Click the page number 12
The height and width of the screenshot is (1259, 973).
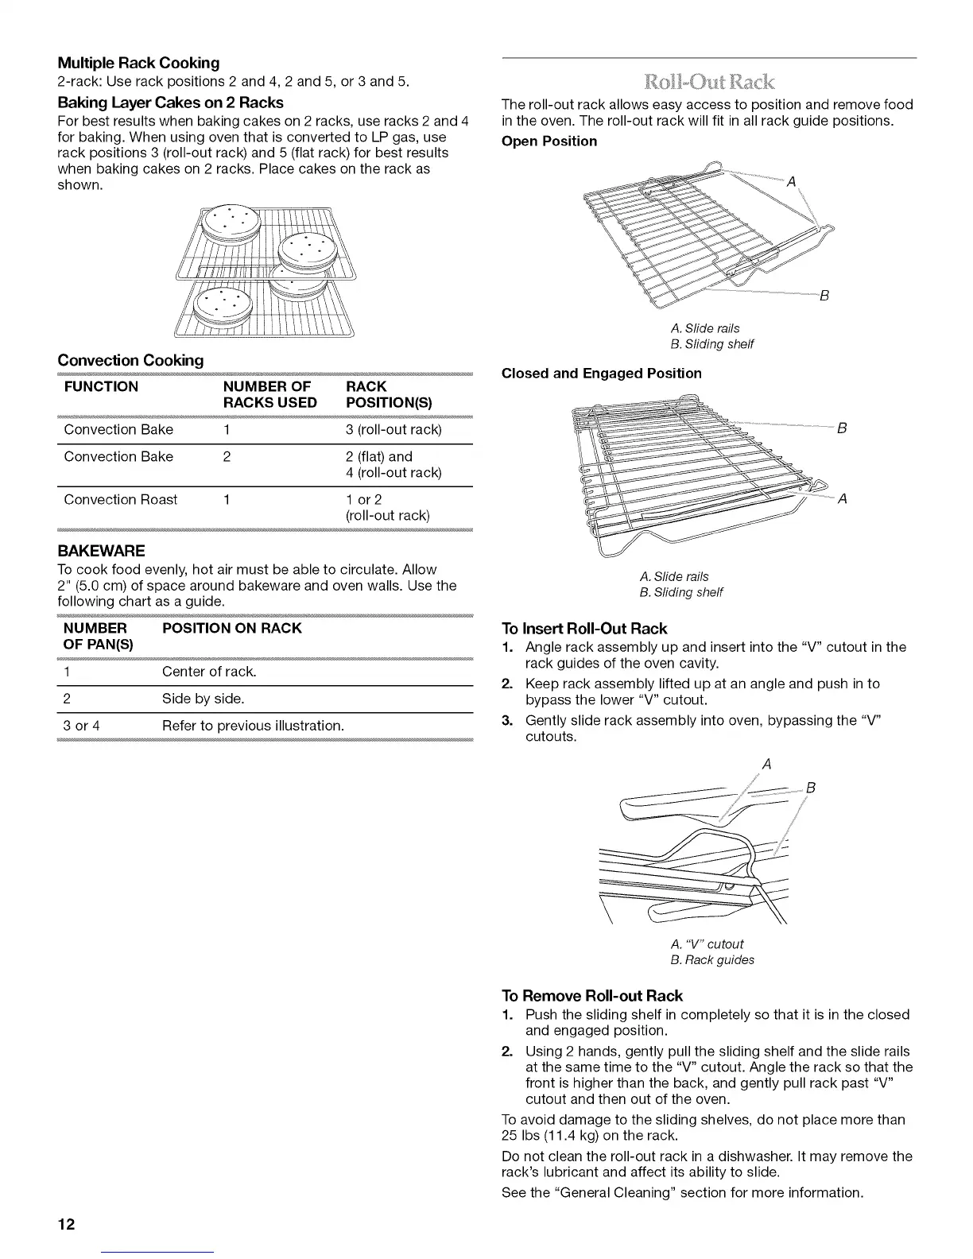click(66, 1224)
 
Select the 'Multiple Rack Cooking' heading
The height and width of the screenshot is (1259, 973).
click(138, 62)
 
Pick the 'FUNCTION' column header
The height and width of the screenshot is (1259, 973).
click(101, 387)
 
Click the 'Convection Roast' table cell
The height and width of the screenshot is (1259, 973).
click(120, 499)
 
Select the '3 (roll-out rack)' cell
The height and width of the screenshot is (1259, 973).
click(393, 429)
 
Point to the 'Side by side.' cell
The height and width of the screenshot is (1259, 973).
click(203, 699)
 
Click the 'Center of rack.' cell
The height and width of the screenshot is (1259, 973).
click(209, 672)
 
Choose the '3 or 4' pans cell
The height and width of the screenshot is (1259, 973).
click(81, 726)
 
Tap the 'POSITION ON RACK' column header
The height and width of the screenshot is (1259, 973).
click(231, 628)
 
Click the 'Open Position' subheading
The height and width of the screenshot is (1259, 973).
click(549, 141)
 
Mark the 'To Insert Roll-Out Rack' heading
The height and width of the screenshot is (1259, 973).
click(584, 629)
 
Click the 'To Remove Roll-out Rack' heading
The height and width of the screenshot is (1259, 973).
click(592, 996)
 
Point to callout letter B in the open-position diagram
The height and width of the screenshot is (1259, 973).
click(824, 296)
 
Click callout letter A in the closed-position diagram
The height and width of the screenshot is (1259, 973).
click(843, 499)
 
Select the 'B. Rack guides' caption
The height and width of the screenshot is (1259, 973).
click(712, 959)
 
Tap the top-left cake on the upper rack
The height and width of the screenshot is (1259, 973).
click(230, 222)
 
